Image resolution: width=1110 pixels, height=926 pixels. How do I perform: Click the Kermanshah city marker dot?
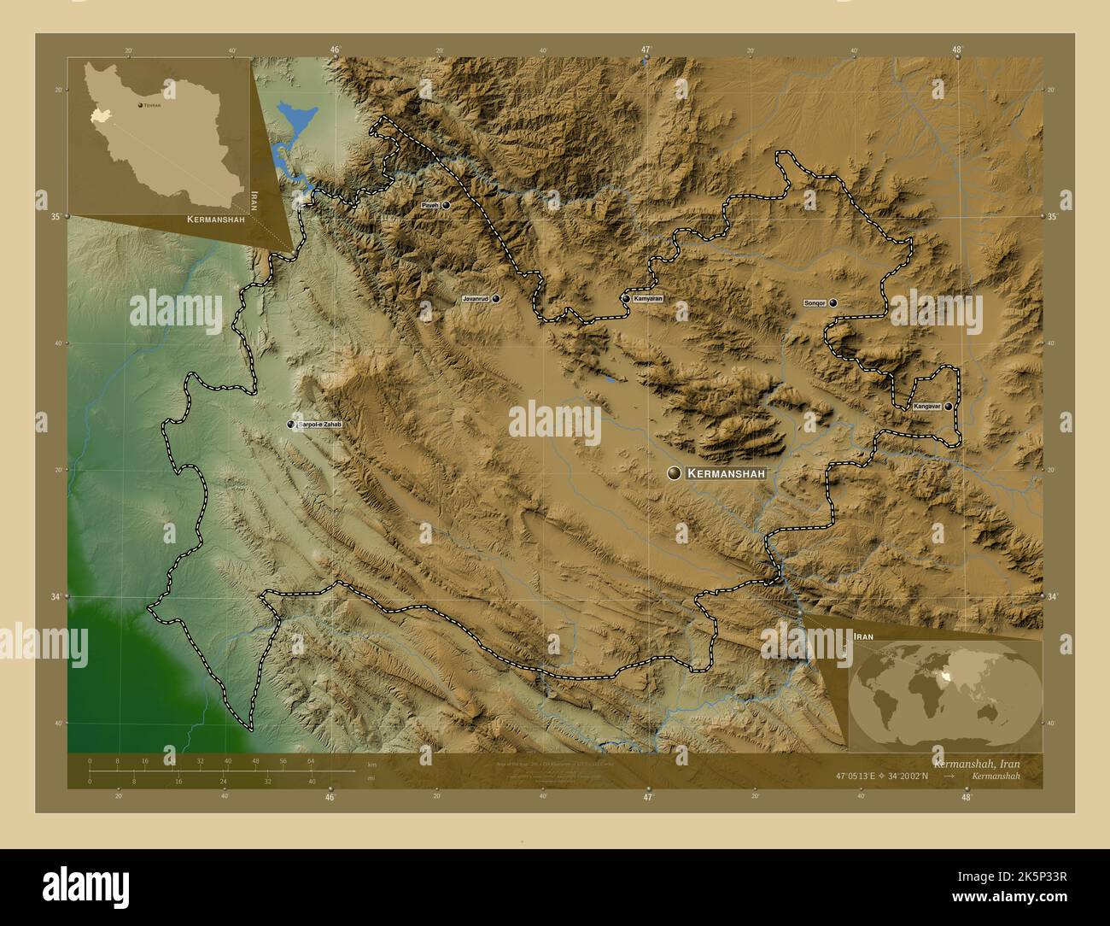[x=675, y=472]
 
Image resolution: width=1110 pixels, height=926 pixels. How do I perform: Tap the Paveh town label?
[x=429, y=206]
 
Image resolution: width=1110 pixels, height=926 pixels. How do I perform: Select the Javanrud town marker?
[x=495, y=299]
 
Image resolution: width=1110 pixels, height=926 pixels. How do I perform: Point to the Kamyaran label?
[x=648, y=299]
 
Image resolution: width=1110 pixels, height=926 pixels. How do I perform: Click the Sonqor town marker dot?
[x=832, y=302]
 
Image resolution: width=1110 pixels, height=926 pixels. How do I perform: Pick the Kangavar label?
[x=926, y=407]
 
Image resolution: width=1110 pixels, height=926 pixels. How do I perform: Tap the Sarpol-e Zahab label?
[x=319, y=425]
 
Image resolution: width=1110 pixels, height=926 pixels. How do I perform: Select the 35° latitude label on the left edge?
[x=55, y=217]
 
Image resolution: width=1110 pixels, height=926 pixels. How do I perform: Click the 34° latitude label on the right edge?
[x=1052, y=596]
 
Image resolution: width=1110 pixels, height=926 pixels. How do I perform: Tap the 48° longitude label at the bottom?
[x=966, y=797]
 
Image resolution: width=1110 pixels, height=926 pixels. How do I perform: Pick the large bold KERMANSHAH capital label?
[x=727, y=472]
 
